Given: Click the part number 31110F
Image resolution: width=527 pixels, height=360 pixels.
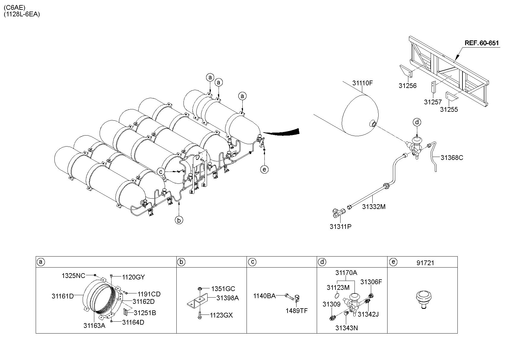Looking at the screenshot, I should click(363, 83).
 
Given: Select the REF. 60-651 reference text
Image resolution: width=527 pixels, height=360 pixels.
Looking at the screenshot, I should click(481, 43).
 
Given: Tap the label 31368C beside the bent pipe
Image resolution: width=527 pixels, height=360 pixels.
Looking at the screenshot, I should click(452, 158).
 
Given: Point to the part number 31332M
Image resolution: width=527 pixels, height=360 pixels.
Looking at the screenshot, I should click(374, 207).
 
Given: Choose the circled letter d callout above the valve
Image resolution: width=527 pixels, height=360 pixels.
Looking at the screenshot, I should click(417, 122).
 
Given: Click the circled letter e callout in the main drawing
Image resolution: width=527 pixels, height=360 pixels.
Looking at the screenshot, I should click(264, 169).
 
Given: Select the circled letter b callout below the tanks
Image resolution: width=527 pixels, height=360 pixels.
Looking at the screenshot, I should click(179, 220).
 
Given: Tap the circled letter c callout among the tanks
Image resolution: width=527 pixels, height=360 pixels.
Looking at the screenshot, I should click(161, 172).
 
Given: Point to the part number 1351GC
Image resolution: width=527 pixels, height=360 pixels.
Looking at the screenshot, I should click(223, 289).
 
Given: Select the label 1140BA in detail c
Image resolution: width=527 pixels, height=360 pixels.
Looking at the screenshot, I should click(264, 296).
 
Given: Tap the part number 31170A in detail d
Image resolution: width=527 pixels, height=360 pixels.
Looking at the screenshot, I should click(346, 273).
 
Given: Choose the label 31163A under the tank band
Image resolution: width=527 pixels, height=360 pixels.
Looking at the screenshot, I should click(94, 326).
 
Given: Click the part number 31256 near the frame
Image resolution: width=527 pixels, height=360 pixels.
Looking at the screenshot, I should click(407, 86).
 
